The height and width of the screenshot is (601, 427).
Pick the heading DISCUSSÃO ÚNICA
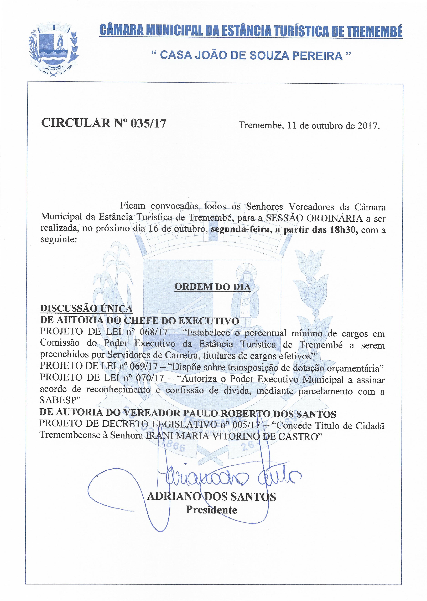86,308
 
